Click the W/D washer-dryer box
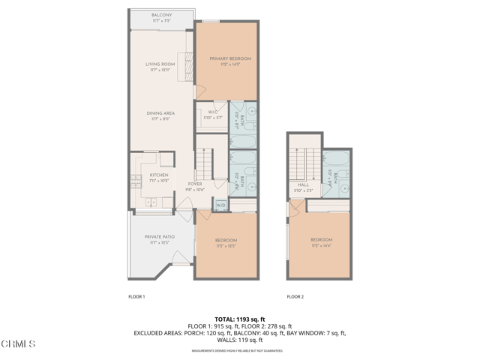coord(221,205)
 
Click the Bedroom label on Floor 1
coord(226,242)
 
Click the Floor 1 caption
coord(136,297)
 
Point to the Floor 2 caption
coord(295,297)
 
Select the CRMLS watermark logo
coord(18,343)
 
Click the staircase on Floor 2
coord(303,162)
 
